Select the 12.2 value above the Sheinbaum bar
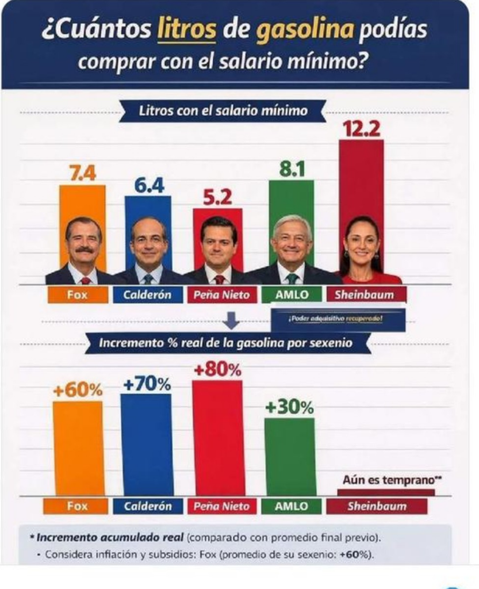click(361, 129)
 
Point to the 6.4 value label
click(149, 185)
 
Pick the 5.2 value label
click(217, 198)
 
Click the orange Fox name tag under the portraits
click(78, 294)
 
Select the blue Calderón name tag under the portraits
click(148, 294)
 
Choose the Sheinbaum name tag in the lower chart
click(377, 506)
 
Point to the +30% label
click(289, 407)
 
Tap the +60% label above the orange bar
click(78, 390)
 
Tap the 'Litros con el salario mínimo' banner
click(223, 110)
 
